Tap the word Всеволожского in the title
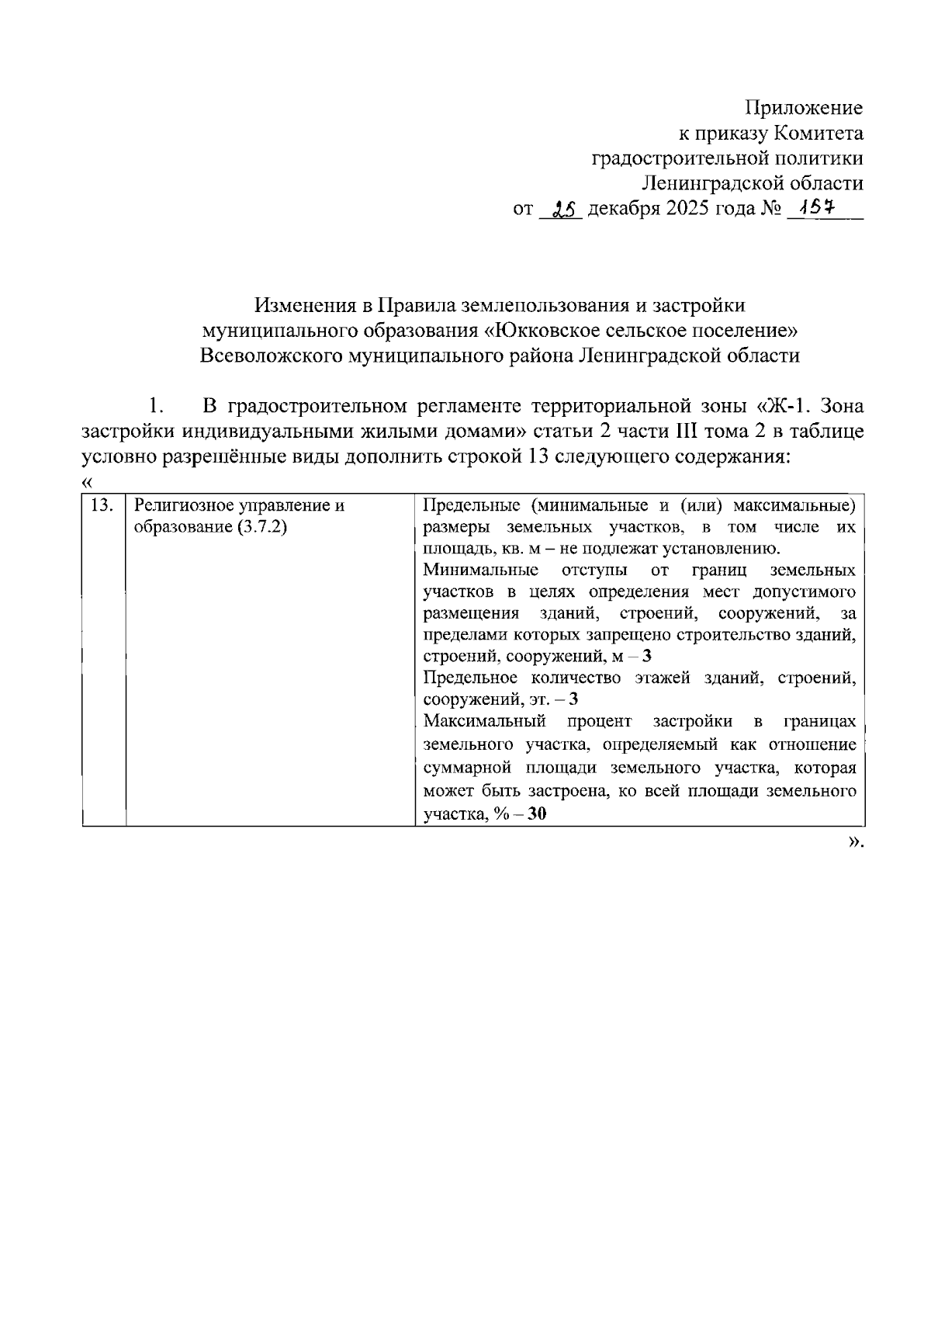271,356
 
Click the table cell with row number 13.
102,506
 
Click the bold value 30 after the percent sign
537,815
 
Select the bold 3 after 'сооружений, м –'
647,657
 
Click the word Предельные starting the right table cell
465,506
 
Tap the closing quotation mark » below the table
853,842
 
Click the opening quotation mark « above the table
87,483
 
